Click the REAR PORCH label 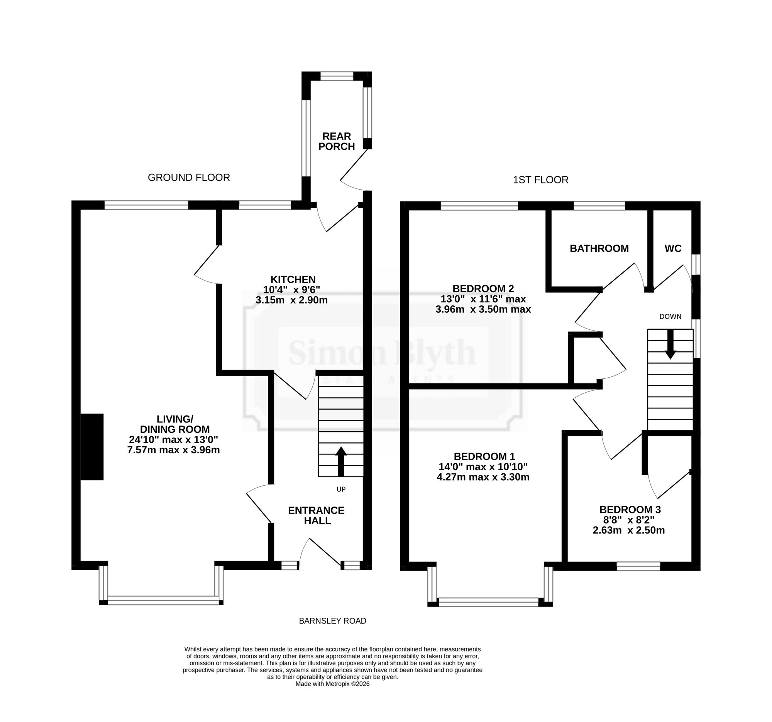point(336,141)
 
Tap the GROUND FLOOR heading point(189,178)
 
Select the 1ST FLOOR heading point(540,180)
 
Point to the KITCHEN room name point(293,279)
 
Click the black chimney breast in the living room point(92,447)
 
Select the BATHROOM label point(599,249)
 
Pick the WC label point(673,249)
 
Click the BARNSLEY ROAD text point(332,621)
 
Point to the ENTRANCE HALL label point(316,515)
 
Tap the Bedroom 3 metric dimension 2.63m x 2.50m point(629,530)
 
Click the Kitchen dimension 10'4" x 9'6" point(292,290)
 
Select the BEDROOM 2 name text point(483,288)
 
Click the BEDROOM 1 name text point(484,456)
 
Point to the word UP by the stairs point(341,489)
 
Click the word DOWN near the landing point(670,317)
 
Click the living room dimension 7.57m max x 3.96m point(174,450)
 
